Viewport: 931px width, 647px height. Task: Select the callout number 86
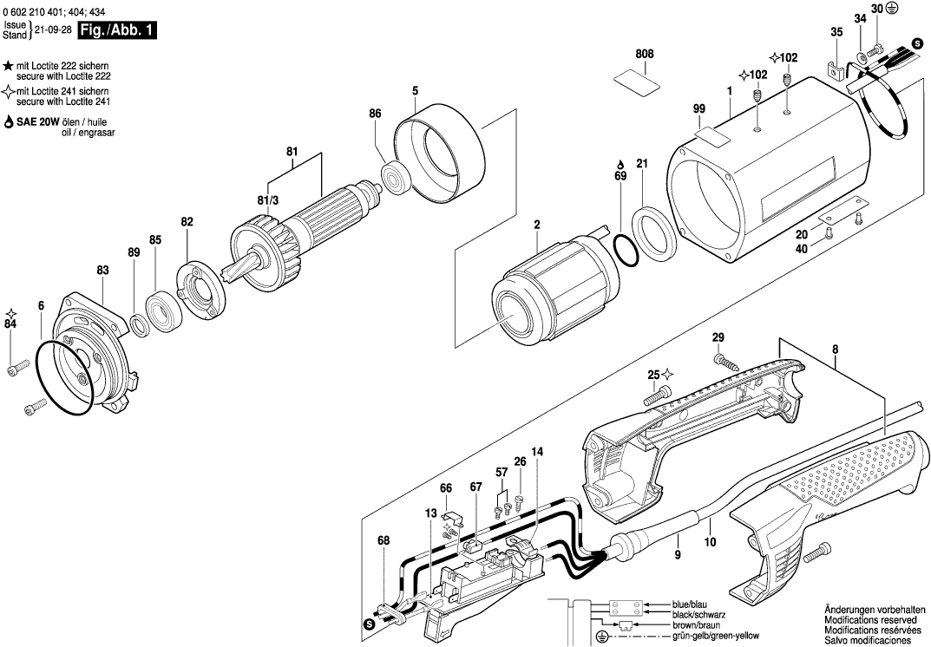point(375,114)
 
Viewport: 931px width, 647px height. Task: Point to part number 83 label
point(102,271)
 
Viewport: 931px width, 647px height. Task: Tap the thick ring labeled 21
point(653,233)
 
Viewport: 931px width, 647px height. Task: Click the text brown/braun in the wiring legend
point(695,624)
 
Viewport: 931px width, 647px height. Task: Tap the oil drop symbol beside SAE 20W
point(9,123)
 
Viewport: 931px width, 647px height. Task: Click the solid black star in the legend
point(8,66)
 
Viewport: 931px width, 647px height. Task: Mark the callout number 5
point(415,90)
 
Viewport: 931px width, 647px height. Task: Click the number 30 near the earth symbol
point(876,9)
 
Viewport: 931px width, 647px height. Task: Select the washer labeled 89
point(139,325)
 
